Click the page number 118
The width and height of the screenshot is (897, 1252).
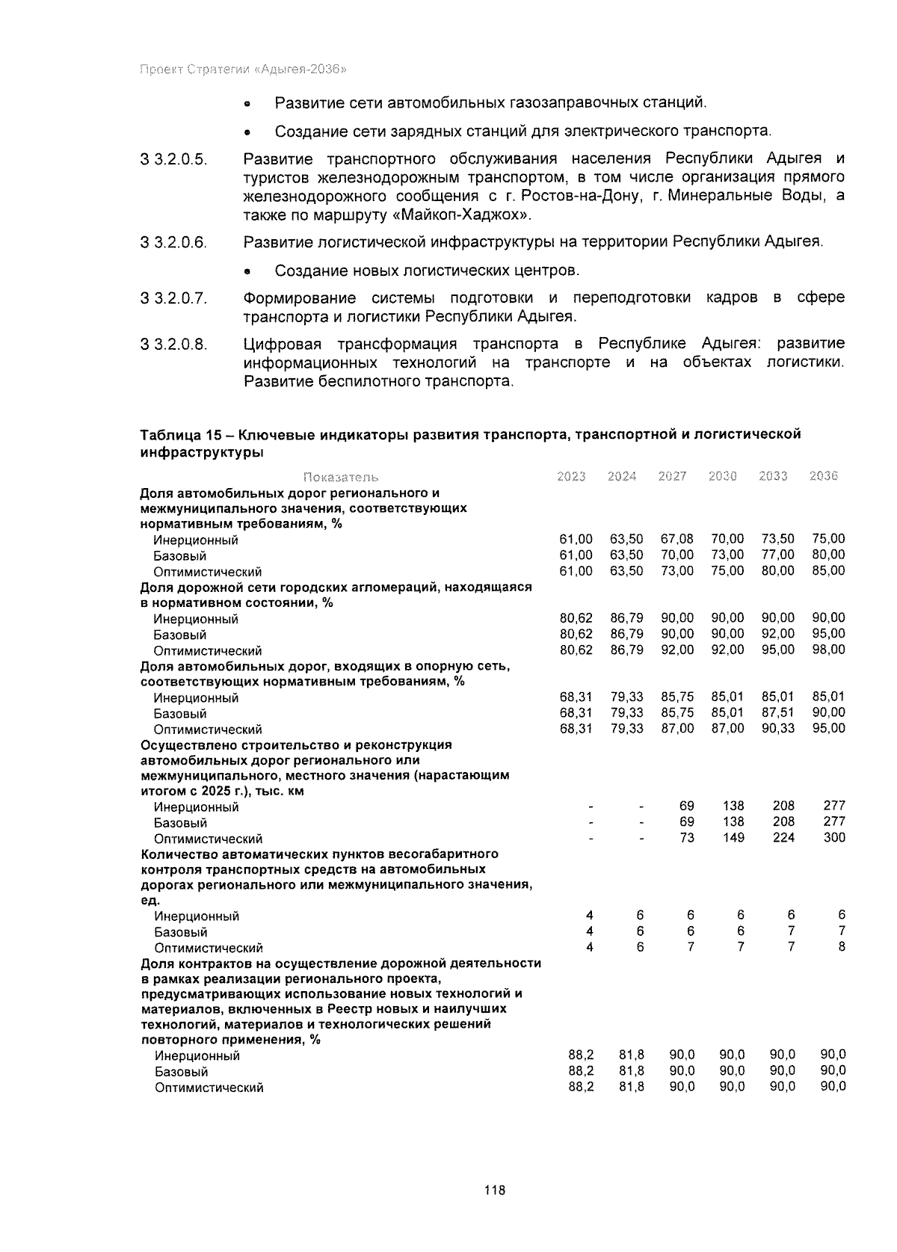(x=495, y=1190)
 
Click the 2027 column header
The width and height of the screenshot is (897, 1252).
(x=672, y=476)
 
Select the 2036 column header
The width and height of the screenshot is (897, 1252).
(x=824, y=476)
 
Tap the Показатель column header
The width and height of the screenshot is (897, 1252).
(x=341, y=477)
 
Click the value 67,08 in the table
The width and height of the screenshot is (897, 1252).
(x=677, y=539)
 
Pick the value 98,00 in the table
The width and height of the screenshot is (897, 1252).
(x=829, y=650)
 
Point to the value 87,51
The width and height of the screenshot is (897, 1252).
(x=778, y=712)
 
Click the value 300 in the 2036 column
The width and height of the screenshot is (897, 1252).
(x=834, y=837)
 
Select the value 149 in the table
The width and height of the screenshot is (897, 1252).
(x=733, y=837)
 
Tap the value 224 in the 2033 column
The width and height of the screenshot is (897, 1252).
(x=783, y=837)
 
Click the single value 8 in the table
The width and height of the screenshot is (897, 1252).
(x=842, y=946)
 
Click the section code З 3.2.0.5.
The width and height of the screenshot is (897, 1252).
(x=173, y=160)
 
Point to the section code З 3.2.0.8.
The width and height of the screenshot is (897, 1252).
(x=173, y=345)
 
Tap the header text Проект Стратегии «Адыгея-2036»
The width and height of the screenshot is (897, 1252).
(x=244, y=70)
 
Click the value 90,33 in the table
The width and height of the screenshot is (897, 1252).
(x=778, y=728)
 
